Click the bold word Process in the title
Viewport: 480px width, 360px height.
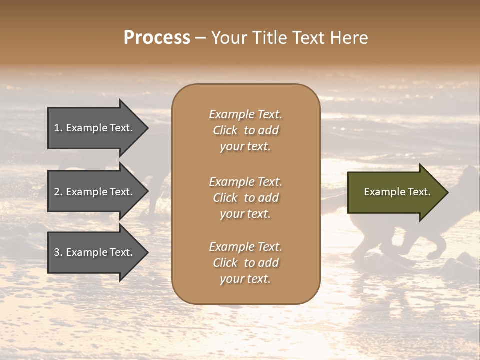[x=157, y=37]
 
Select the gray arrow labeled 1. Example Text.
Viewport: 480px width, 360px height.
[x=95, y=128]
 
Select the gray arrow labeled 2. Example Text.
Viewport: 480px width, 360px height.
[x=95, y=192]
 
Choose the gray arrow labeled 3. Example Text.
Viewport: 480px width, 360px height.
[x=95, y=252]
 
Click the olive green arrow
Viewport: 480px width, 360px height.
[x=395, y=192]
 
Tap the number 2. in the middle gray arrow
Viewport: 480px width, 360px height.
[x=58, y=192]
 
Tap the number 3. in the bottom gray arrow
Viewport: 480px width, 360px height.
[x=58, y=252]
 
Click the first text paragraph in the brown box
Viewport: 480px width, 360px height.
[x=245, y=130]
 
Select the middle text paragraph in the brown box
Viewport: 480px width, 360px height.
[x=245, y=197]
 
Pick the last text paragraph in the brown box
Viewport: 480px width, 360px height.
[x=245, y=263]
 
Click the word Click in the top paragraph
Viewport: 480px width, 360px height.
[x=225, y=130]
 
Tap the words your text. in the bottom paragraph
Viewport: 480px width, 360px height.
[x=245, y=279]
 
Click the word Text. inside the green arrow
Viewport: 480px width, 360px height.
[x=418, y=192]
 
